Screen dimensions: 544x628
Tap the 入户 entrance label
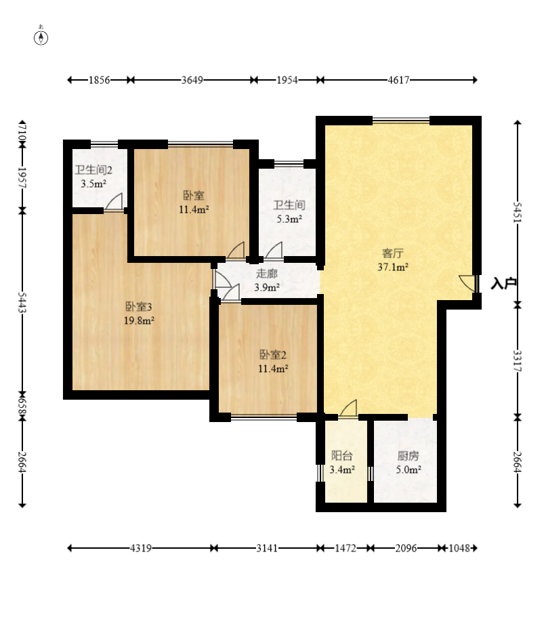[503, 284]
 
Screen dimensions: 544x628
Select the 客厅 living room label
[392, 253]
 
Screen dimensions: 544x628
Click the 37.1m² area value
[393, 267]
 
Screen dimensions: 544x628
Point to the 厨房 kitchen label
[409, 456]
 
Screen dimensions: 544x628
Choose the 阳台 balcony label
[342, 456]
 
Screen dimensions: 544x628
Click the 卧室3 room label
[139, 307]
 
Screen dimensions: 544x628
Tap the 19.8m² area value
[139, 320]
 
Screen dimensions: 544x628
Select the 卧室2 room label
[273, 355]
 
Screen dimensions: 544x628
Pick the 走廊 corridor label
[267, 274]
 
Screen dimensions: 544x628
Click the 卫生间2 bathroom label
[93, 170]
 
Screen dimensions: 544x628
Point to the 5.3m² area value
[289, 219]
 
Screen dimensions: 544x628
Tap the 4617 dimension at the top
[398, 80]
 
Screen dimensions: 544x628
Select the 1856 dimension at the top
[99, 80]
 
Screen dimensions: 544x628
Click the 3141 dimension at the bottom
[267, 548]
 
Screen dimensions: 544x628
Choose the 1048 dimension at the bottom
[459, 548]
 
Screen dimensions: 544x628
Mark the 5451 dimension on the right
[518, 212]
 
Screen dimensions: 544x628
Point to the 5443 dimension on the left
[22, 303]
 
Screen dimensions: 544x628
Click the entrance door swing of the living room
[468, 283]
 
